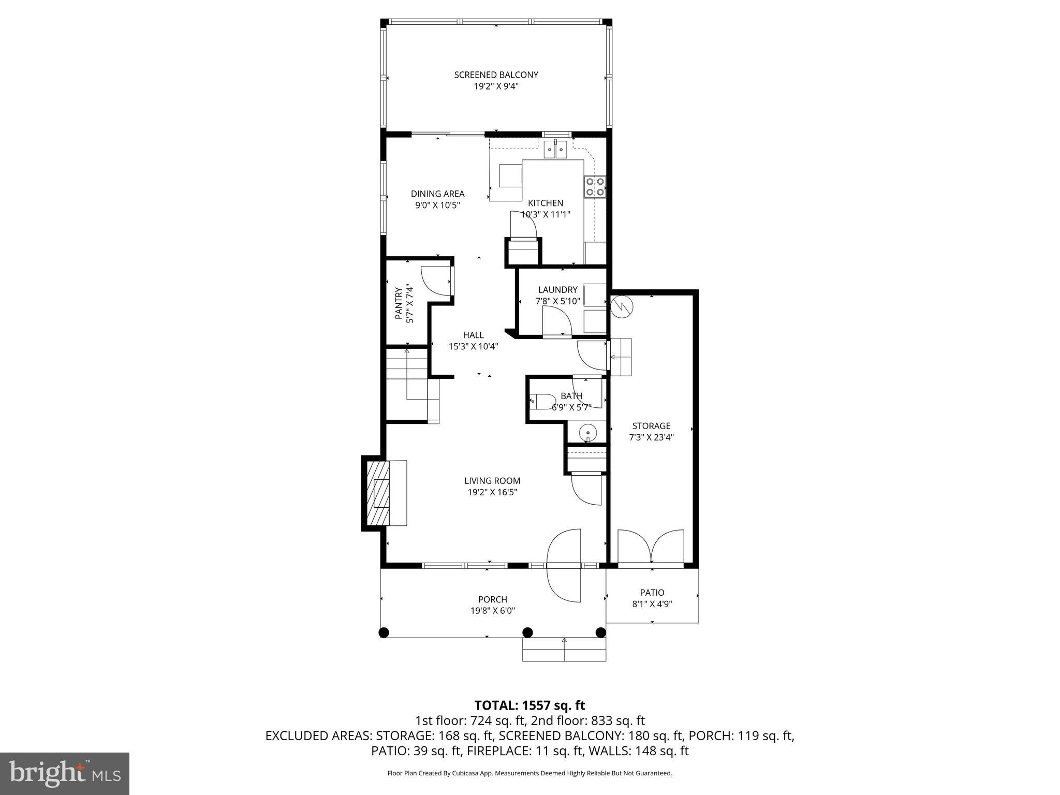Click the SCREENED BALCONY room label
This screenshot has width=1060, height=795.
(496, 75)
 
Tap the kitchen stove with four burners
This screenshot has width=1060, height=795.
(595, 187)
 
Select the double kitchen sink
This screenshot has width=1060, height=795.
(556, 150)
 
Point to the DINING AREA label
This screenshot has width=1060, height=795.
(437, 194)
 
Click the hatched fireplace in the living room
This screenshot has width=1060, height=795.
(377, 492)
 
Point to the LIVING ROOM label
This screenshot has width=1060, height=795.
(492, 481)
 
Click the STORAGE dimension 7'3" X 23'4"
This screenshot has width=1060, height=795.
(651, 437)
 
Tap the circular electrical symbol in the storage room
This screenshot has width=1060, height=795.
(621, 307)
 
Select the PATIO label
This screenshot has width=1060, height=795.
(652, 592)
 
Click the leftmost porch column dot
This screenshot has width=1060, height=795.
(384, 632)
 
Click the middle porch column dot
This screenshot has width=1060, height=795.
(527, 632)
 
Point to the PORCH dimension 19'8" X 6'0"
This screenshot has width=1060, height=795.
(492, 611)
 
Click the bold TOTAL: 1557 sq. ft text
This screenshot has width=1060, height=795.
(529, 705)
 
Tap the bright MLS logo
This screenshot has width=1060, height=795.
(65, 773)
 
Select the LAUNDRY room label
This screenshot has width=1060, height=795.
(557, 290)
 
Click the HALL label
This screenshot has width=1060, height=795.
(473, 335)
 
